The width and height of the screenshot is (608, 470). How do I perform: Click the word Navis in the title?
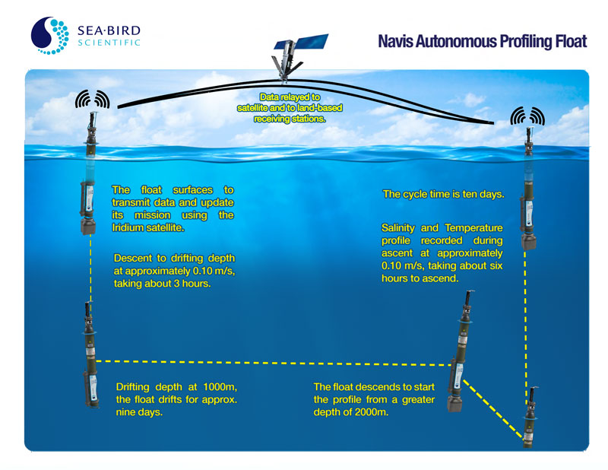coord(397,40)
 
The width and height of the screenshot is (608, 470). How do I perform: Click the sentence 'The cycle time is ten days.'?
coord(443,195)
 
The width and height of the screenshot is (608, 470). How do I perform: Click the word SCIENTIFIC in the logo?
coord(109,43)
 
